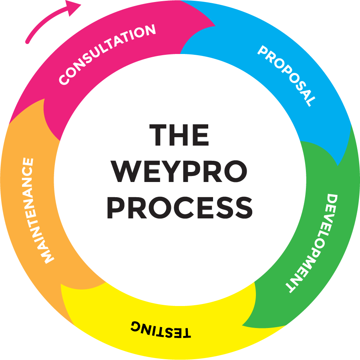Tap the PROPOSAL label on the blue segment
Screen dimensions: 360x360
(286, 75)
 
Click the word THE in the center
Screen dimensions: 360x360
(179, 135)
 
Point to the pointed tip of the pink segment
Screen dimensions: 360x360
(215, 25)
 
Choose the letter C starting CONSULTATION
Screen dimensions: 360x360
(64, 80)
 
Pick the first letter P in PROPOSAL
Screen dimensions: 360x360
(263, 52)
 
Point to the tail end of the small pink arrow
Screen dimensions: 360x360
(27, 42)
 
